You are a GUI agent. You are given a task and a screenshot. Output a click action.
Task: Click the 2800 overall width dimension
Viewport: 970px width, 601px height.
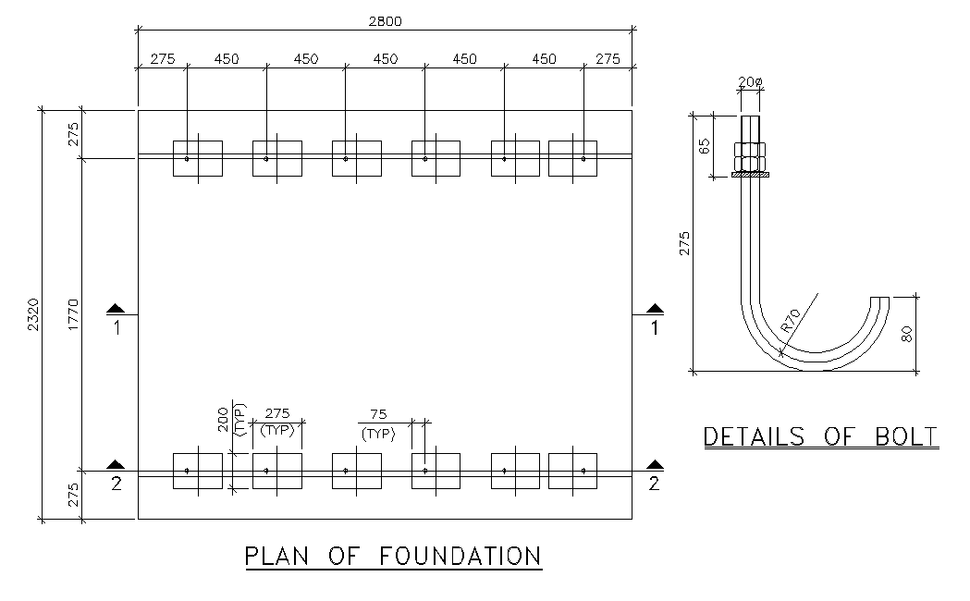[x=385, y=21]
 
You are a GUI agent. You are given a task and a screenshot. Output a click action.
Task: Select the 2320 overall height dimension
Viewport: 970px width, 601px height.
[x=34, y=314]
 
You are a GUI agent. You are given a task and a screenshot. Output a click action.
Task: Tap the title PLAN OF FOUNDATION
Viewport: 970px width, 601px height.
[x=393, y=556]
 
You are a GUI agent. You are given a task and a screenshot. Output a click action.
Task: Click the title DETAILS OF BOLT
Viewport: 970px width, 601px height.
[x=821, y=436]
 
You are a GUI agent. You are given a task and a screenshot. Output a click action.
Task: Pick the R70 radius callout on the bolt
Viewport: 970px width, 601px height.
[x=791, y=319]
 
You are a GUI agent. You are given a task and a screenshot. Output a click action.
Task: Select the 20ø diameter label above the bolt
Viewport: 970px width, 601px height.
[x=751, y=81]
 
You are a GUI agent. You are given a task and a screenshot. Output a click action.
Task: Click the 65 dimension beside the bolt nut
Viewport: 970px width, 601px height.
[x=705, y=145]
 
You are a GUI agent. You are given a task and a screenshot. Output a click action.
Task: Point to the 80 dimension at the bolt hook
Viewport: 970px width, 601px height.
[x=908, y=333]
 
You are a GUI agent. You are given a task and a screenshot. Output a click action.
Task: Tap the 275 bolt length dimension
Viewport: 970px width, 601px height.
[x=685, y=243]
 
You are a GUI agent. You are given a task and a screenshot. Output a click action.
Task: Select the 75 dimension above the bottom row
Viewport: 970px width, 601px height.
[x=377, y=415]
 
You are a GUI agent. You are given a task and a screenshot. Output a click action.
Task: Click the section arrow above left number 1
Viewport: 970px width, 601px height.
[x=115, y=308]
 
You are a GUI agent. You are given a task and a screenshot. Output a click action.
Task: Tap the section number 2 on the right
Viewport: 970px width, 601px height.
[x=654, y=484]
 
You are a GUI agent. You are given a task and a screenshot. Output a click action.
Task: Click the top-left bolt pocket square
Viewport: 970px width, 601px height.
[x=198, y=158]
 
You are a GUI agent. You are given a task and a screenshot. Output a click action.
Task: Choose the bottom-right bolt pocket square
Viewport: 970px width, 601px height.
[x=573, y=471]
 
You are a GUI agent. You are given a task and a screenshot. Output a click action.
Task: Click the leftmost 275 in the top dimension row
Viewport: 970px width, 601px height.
[x=162, y=59]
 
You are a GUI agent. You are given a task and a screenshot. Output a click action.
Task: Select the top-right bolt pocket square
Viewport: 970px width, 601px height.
[x=573, y=158]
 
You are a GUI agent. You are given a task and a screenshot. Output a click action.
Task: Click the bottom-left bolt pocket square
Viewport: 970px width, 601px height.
[x=198, y=471]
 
